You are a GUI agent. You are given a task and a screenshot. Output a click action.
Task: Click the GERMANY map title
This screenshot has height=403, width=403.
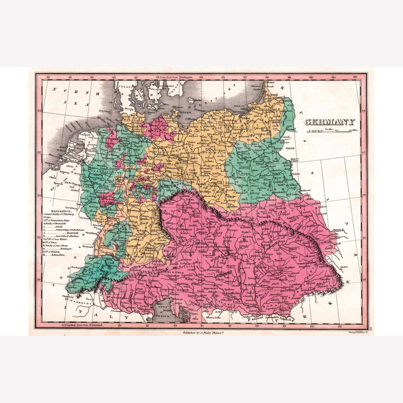pyautogui.click(x=330, y=122)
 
